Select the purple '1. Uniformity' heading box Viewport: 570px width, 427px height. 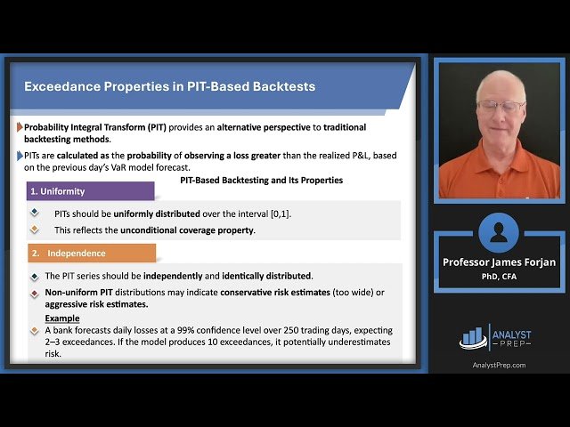click(91, 191)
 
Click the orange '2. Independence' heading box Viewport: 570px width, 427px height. click(92, 253)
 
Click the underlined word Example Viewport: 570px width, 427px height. click(62, 318)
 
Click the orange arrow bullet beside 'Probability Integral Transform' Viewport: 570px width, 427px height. click(20, 127)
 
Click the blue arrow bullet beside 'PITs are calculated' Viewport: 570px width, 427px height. click(20, 156)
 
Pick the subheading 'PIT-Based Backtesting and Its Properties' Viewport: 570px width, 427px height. click(261, 180)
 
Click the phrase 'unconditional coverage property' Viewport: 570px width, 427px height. click(187, 230)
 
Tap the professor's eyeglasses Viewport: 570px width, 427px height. click(501, 107)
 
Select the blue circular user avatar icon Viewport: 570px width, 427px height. click(499, 233)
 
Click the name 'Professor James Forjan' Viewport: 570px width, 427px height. click(499, 262)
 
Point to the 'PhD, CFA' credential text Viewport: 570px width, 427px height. click(499, 277)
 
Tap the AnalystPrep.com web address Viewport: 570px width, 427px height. click(499, 366)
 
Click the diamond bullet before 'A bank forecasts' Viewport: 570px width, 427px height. click(35, 330)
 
